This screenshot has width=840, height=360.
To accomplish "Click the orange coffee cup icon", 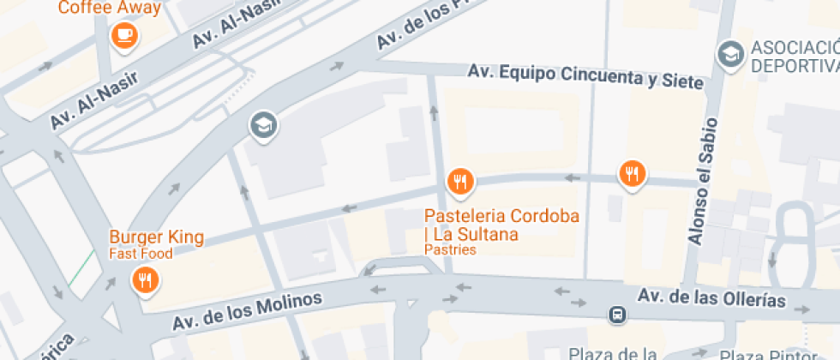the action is [125, 35].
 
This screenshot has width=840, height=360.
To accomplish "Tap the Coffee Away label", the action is [109, 9].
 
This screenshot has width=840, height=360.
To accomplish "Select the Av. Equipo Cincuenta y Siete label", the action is [585, 76].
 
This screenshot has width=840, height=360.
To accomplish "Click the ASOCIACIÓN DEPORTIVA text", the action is [794, 56].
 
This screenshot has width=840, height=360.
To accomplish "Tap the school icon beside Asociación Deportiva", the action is [730, 54].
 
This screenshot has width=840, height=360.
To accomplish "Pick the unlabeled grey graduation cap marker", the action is [263, 125].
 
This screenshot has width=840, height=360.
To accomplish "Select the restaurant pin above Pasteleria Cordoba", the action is [460, 181].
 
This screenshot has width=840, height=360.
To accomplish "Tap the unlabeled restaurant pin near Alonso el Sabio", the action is [633, 173].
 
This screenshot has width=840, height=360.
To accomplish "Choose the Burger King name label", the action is [156, 237].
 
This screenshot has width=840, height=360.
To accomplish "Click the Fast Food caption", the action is [141, 254].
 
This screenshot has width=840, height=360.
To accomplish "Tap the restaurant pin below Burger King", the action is [145, 280].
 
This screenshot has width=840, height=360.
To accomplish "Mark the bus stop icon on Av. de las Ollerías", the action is [616, 315].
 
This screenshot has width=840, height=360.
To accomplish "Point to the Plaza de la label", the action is [613, 353].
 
